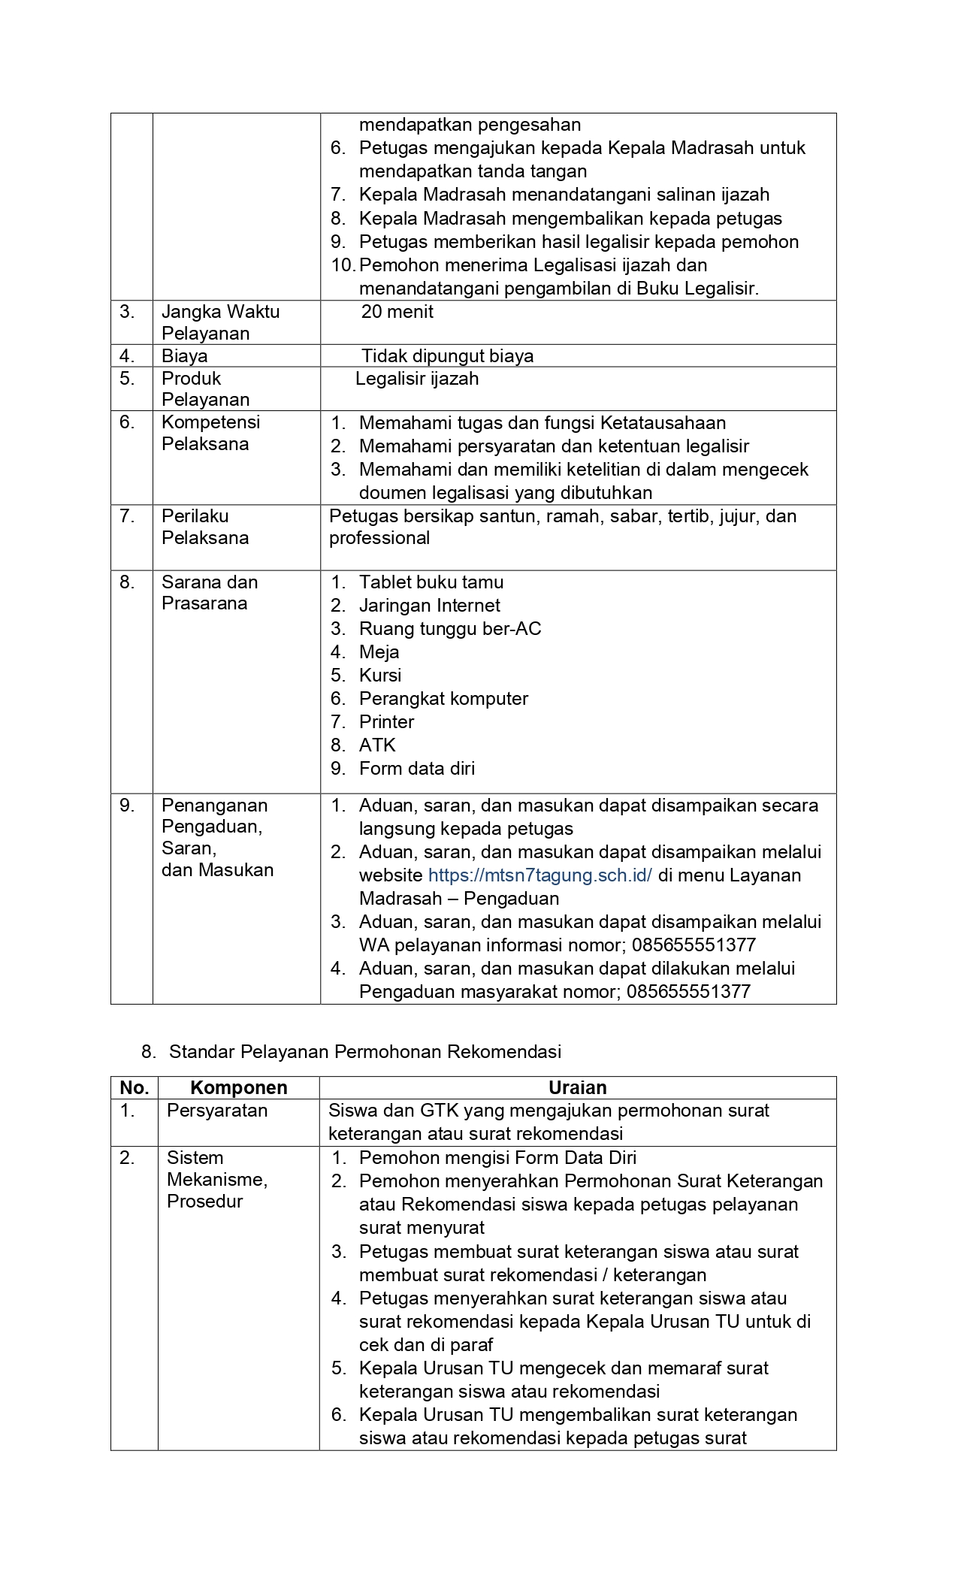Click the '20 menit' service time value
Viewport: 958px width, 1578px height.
(397, 312)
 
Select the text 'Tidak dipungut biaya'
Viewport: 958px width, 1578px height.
(447, 355)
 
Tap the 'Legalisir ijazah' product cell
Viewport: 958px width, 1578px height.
(417, 378)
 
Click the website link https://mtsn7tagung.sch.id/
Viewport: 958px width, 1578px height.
(539, 875)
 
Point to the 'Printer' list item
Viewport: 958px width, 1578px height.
(386, 721)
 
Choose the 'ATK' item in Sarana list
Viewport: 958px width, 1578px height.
(377, 745)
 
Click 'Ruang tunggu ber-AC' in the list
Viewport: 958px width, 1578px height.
(449, 628)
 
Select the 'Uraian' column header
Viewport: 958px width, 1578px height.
(577, 1087)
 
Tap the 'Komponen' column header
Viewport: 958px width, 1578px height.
(238, 1087)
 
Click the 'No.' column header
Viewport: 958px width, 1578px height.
(134, 1087)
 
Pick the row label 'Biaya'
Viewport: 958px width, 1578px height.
(184, 355)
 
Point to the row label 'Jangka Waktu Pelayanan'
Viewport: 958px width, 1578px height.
(220, 322)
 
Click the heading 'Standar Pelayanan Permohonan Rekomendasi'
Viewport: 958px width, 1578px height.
(365, 1051)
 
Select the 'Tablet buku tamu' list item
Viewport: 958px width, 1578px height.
(431, 582)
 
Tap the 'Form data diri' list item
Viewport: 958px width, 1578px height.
(416, 768)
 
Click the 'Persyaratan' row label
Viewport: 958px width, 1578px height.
(216, 1110)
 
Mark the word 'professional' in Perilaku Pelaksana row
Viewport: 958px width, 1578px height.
(379, 537)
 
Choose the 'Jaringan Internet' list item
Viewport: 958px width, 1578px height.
(429, 605)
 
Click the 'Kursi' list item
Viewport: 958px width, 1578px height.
(380, 675)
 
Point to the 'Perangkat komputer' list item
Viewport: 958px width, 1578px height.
(443, 698)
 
